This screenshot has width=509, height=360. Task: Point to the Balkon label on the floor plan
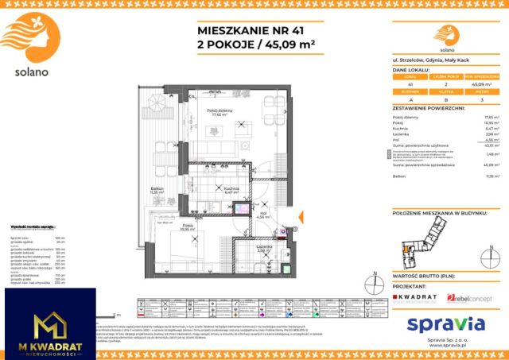click(x=157, y=189)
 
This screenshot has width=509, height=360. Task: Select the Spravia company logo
click(x=445, y=323)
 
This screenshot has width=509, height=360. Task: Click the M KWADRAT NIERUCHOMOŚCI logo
click(x=49, y=327)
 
